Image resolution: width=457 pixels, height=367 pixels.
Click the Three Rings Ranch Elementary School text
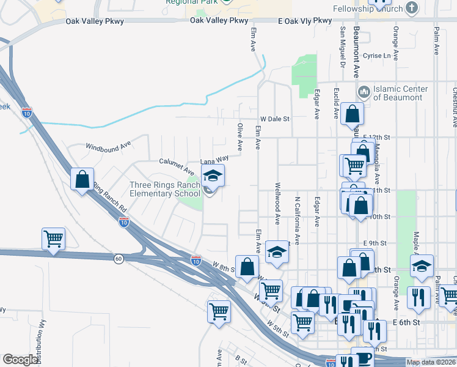click(x=164, y=189)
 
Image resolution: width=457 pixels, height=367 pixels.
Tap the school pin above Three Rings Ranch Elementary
click(x=213, y=177)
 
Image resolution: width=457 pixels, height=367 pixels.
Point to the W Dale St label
click(x=274, y=119)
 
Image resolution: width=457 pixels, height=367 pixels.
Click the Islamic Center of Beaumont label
click(x=400, y=93)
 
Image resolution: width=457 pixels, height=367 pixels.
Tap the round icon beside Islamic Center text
click(x=364, y=92)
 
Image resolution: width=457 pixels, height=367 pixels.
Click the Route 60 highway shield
click(x=118, y=259)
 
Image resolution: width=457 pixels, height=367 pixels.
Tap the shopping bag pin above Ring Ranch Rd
click(x=82, y=180)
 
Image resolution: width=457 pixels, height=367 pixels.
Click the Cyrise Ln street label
click(x=376, y=56)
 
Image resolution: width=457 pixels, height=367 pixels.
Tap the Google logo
click(x=21, y=360)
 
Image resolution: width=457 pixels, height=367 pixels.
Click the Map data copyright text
click(x=431, y=362)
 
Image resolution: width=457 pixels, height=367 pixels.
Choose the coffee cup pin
click(x=362, y=357)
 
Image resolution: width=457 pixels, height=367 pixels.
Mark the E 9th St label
click(x=376, y=243)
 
